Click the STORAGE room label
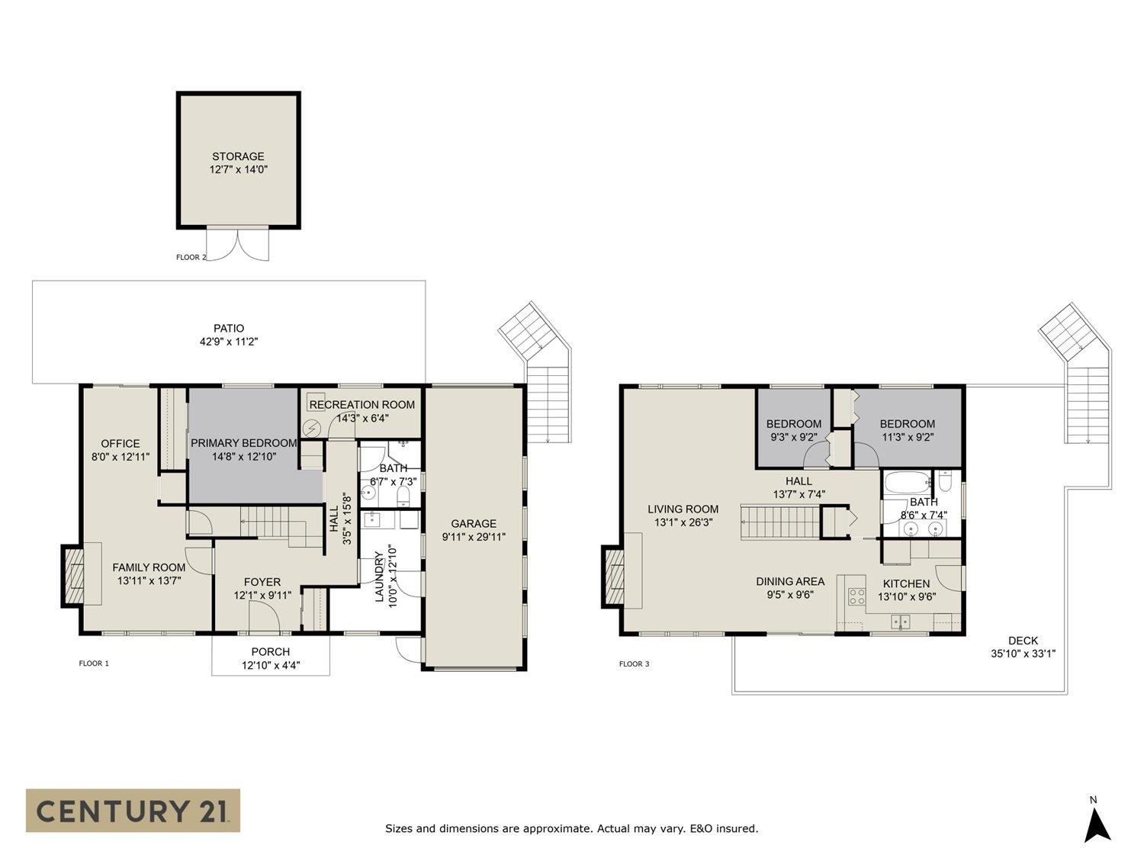(238, 156)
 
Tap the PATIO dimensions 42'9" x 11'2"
(229, 342)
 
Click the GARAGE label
(474, 523)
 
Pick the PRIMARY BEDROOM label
(243, 443)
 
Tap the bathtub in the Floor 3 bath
(908, 483)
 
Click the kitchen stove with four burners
(856, 596)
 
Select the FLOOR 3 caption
(634, 664)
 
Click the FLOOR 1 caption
(94, 664)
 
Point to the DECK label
(1023, 641)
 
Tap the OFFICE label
(121, 443)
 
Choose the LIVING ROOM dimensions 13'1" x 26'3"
(683, 522)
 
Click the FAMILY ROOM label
(149, 567)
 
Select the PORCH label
(271, 652)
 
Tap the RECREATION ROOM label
(362, 405)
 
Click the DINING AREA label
(790, 581)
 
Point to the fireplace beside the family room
(72, 576)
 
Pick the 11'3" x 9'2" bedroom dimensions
(908, 437)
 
